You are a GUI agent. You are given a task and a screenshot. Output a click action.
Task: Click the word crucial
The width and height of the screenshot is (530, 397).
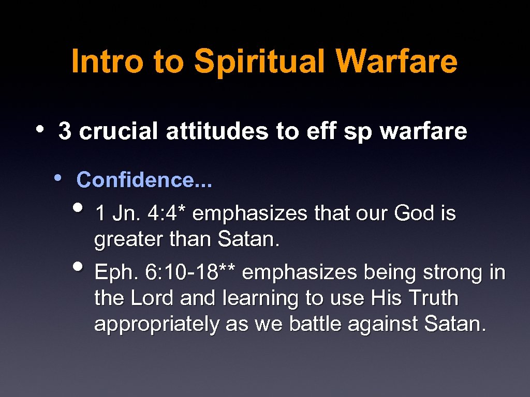point(117,131)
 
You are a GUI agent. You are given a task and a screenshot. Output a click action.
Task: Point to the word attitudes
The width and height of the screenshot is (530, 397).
point(217,131)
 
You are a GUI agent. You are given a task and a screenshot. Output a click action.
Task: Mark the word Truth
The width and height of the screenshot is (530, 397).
point(433,298)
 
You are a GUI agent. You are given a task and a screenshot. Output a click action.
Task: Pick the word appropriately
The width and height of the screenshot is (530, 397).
point(157,324)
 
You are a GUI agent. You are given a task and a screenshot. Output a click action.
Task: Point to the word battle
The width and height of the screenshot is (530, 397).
point(315,324)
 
